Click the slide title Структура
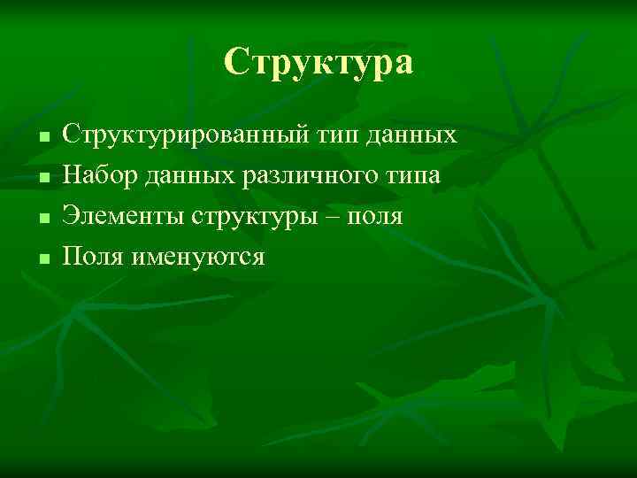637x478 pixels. click(x=318, y=63)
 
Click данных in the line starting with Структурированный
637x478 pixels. click(x=412, y=136)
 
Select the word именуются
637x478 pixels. click(x=197, y=258)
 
